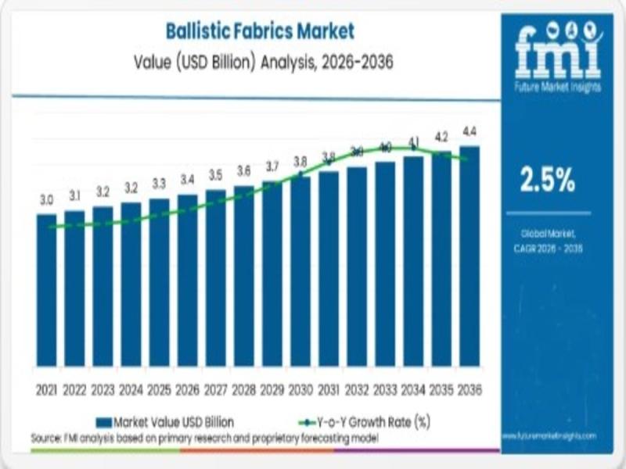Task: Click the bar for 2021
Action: [x=46, y=289]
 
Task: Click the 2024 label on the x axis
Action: [x=131, y=389]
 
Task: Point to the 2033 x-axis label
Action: [x=385, y=389]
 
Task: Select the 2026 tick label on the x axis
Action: [x=187, y=389]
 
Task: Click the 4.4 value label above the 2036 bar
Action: [x=470, y=131]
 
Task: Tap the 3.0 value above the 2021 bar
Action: [x=47, y=201]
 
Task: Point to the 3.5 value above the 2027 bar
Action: [x=216, y=175]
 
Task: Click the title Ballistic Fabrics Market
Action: [x=260, y=31]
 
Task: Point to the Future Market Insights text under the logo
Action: [x=558, y=88]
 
